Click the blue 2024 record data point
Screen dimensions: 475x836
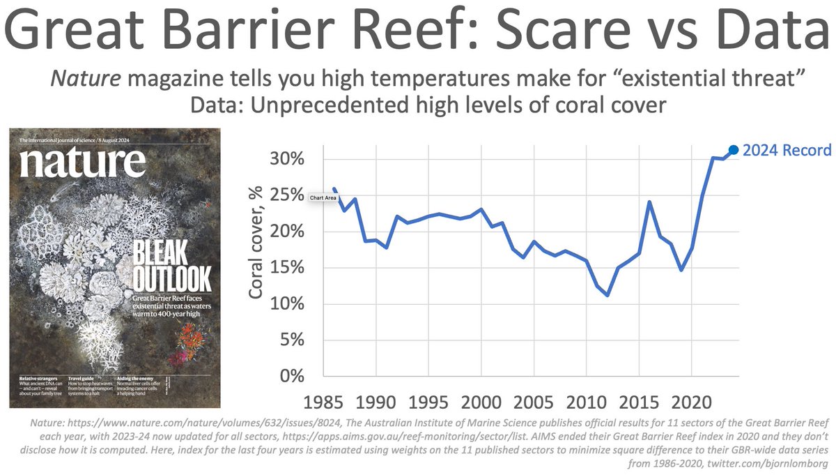(734, 150)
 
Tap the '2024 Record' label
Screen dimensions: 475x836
(787, 150)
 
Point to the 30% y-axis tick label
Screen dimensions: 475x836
(287, 159)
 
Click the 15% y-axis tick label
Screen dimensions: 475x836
(287, 268)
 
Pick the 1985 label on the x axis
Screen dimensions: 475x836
(324, 404)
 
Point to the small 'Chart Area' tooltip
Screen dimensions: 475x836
(323, 197)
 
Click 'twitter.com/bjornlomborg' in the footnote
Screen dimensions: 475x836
(763, 461)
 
